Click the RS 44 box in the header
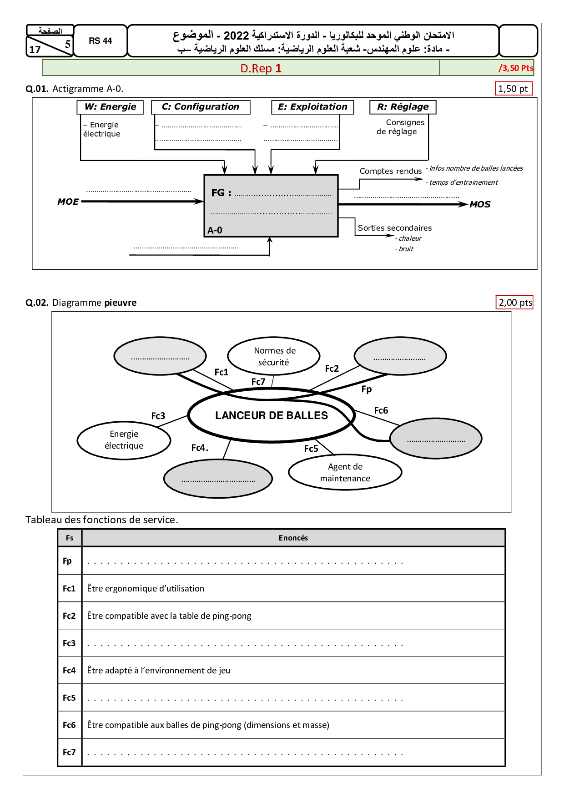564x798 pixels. click(100, 41)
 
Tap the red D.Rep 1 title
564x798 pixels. click(261, 68)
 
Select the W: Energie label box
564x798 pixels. click(111, 107)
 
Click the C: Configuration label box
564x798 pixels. click(201, 107)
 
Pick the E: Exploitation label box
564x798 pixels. click(312, 107)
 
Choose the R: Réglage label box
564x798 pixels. click(403, 107)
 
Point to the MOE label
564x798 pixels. click(68, 202)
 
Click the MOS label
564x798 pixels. click(480, 204)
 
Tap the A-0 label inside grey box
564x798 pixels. click(215, 230)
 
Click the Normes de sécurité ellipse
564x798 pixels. click(274, 356)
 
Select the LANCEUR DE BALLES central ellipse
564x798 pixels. click(271, 415)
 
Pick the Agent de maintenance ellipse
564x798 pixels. click(345, 472)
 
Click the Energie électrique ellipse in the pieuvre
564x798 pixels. click(124, 440)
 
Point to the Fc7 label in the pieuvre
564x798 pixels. click(258, 382)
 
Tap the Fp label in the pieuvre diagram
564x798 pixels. click(367, 389)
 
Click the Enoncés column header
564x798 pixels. click(293, 538)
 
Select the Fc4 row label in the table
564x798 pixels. click(69, 670)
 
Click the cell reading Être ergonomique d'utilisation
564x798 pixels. click(146, 588)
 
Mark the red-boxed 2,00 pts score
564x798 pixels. click(515, 303)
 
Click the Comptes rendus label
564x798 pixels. click(391, 171)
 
